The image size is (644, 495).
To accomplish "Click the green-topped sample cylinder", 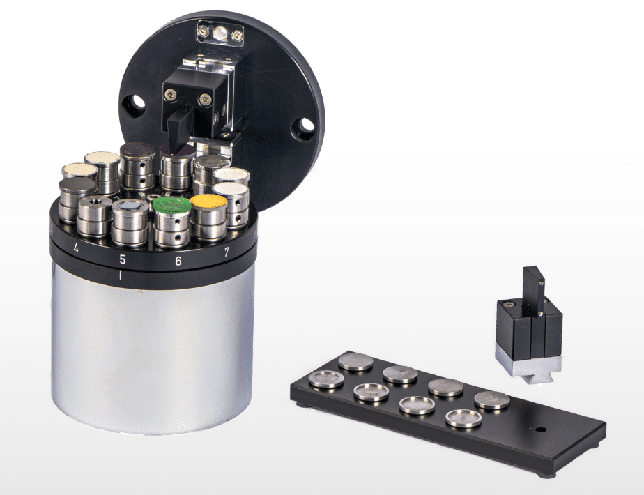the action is pos(171,221).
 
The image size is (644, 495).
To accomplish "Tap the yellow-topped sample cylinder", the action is pos(208,218).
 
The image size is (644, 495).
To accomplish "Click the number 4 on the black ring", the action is pos(75,248).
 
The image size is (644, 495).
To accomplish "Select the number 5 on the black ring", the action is pos(122,259).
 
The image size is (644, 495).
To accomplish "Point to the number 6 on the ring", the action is pos(178,261).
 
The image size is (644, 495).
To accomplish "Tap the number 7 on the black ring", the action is pos(227,251).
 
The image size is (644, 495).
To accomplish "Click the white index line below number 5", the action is pos(120,275).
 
